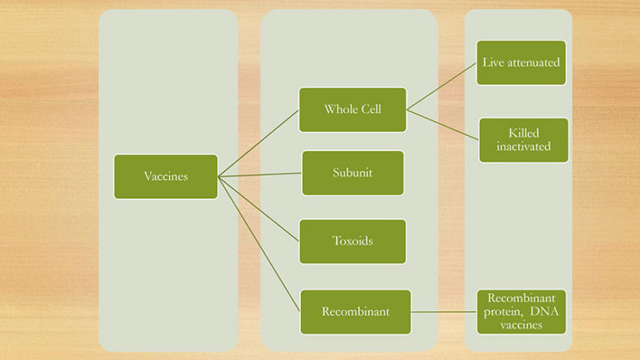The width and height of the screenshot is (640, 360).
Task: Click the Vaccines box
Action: [166, 177]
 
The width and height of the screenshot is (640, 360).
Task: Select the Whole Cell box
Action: [352, 109]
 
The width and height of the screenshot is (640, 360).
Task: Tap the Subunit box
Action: [352, 173]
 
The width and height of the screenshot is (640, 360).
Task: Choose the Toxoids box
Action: [352, 241]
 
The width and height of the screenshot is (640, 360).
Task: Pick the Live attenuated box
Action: [521, 62]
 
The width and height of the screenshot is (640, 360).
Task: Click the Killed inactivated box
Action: [523, 140]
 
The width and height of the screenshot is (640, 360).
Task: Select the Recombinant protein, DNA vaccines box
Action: [521, 312]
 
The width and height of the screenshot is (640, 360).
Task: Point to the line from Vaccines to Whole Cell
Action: [259, 143]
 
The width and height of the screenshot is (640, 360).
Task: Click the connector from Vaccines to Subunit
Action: [260, 175]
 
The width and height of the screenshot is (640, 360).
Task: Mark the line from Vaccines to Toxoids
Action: [259, 209]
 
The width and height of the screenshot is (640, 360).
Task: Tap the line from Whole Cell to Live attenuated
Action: [442, 86]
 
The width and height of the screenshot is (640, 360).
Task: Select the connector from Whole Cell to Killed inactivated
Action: [443, 124]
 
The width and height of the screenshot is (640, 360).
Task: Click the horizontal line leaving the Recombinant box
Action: [444, 312]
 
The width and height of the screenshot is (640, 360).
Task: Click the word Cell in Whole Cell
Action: [369, 109]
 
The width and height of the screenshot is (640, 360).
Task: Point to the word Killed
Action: [524, 134]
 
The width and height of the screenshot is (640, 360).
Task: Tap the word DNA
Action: [544, 311]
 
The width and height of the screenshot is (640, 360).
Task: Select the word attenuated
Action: [533, 62]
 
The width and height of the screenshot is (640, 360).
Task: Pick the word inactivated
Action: [523, 146]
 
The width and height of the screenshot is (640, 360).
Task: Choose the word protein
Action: [503, 312]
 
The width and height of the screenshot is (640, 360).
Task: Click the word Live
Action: [493, 62]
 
